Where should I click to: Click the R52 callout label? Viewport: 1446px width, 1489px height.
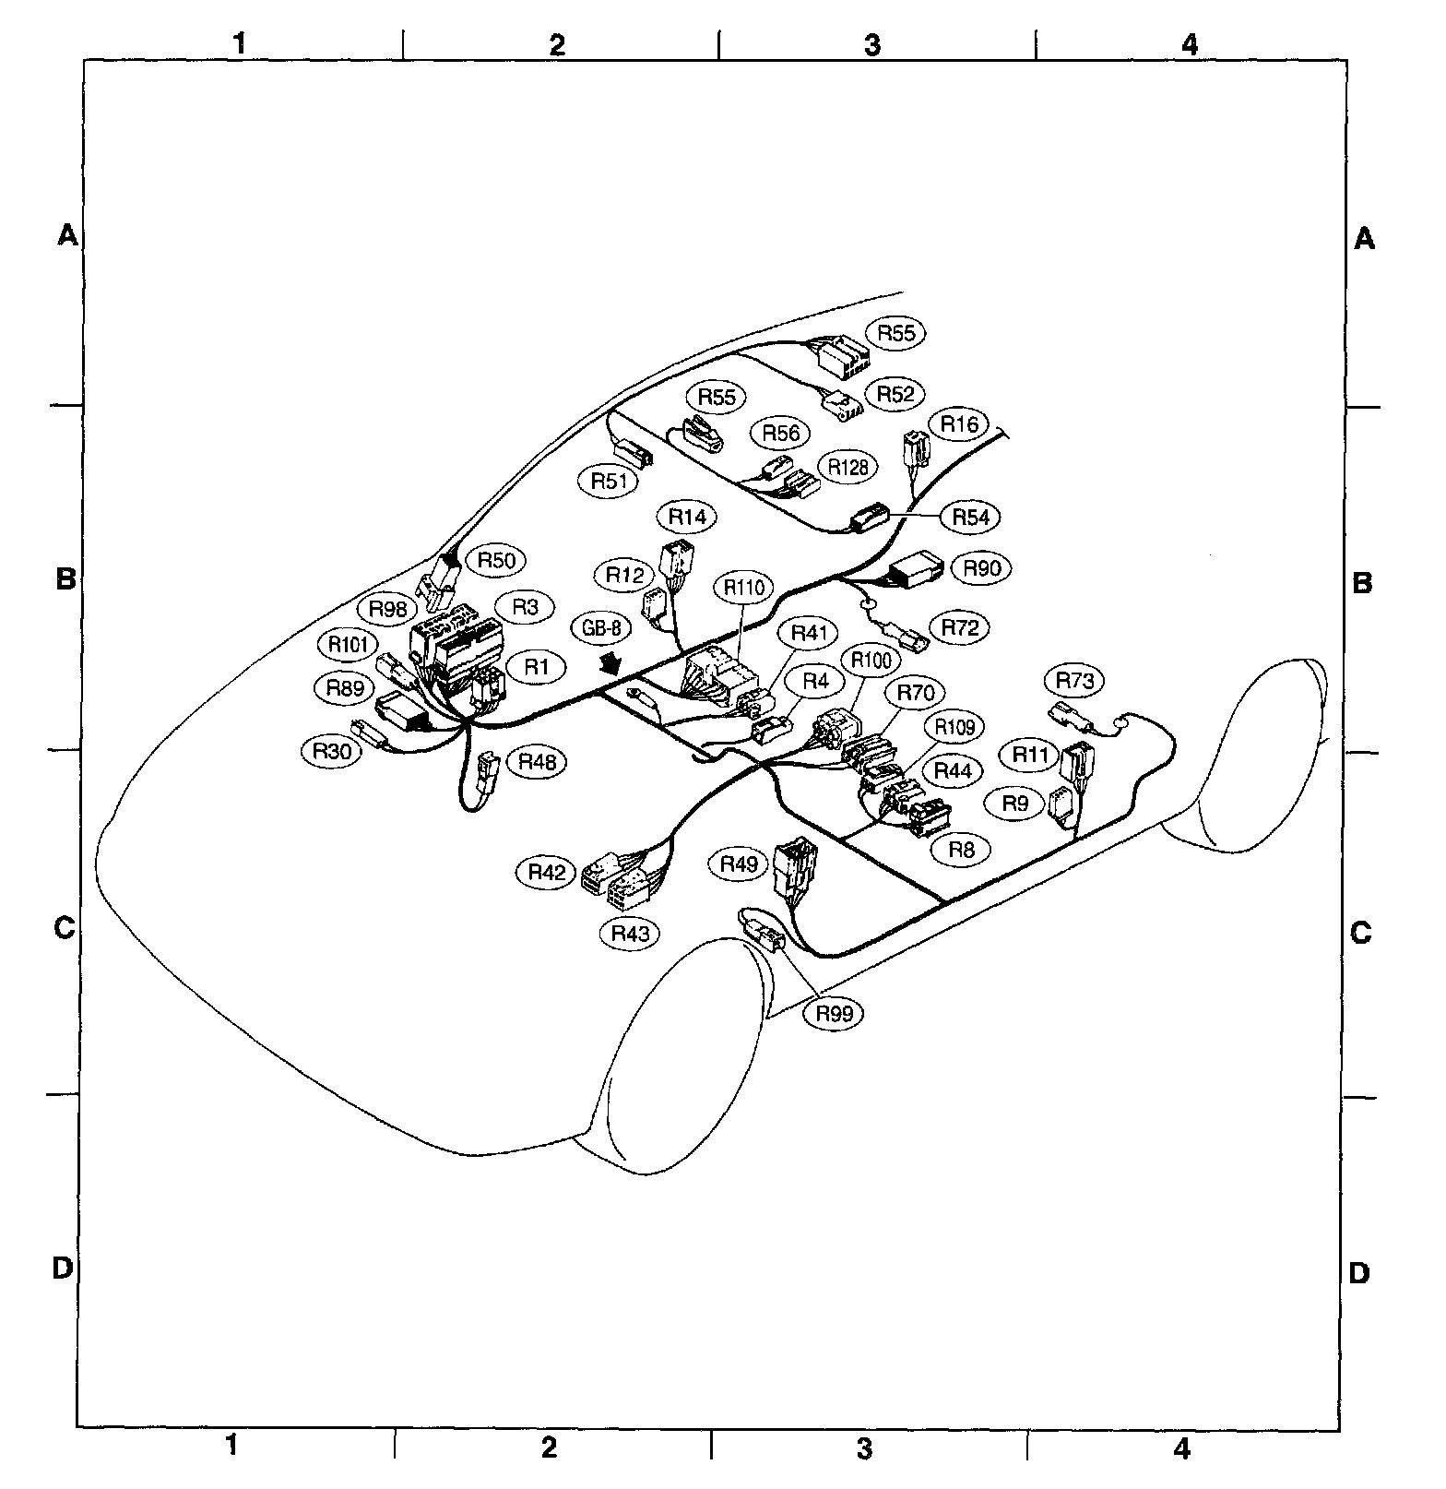(x=895, y=394)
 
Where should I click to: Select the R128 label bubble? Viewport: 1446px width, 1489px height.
(x=847, y=467)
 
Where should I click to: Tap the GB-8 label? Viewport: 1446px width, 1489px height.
(x=602, y=629)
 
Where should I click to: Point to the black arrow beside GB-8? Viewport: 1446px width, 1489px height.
(x=610, y=664)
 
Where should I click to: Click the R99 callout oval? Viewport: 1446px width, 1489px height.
(x=834, y=1013)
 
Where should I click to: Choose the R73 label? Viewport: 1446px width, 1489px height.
(x=1074, y=681)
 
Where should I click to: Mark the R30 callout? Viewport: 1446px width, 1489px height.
(x=331, y=751)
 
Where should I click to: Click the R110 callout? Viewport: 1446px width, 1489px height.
(x=744, y=587)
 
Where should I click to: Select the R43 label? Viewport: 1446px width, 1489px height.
(x=631, y=934)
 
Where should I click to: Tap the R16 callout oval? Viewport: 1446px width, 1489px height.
(x=959, y=424)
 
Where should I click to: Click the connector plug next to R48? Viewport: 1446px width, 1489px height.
(x=488, y=769)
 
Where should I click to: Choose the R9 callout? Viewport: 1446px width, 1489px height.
(x=1014, y=804)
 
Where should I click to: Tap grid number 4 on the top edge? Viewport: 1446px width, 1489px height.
(x=1190, y=43)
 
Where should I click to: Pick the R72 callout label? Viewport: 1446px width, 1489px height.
(x=959, y=627)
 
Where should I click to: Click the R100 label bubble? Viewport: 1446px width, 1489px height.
(x=871, y=661)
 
